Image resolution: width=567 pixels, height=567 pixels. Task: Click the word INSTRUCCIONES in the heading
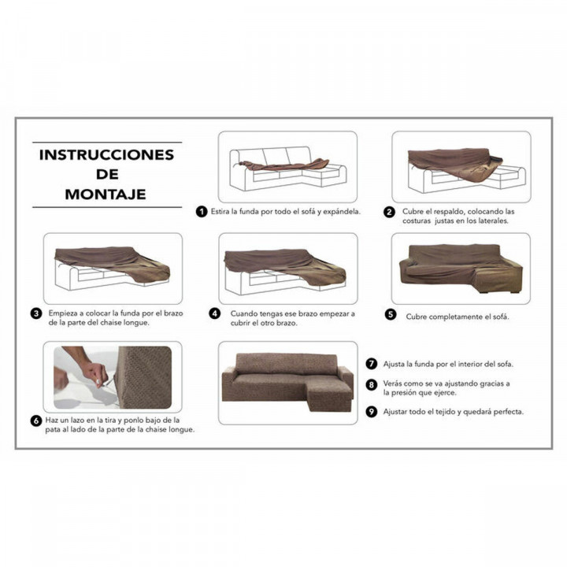pyautogui.click(x=105, y=154)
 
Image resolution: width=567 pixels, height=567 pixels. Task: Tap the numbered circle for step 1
pyautogui.click(x=202, y=212)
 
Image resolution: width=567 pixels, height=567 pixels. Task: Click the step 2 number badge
pyautogui.click(x=389, y=212)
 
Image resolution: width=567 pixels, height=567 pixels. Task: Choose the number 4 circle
pyautogui.click(x=214, y=313)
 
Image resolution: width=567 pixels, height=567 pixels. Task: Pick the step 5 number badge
pyautogui.click(x=391, y=315)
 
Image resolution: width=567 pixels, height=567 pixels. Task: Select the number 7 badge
pyautogui.click(x=371, y=364)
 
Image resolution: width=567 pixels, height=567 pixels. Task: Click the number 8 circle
pyautogui.click(x=371, y=385)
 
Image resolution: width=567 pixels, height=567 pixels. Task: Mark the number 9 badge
pyautogui.click(x=371, y=411)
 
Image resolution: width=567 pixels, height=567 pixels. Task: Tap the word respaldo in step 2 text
pyautogui.click(x=454, y=211)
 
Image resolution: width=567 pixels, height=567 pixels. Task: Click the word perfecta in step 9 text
pyautogui.click(x=506, y=411)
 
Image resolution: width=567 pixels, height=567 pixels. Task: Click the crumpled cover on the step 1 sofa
pyautogui.click(x=283, y=165)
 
